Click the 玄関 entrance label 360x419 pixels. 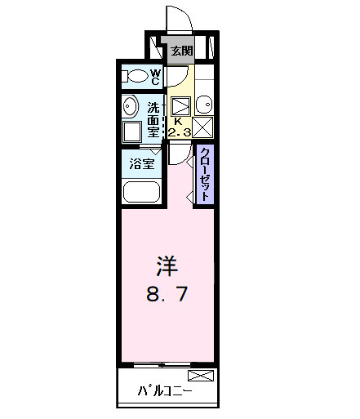click(181, 51)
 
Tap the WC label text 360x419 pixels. click(155, 78)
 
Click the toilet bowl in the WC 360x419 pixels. click(139, 78)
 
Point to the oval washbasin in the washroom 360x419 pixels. click(129, 107)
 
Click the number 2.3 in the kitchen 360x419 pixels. click(180, 132)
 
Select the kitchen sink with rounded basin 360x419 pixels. click(204, 105)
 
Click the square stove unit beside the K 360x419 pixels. click(181, 105)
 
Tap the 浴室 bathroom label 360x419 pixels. click(142, 163)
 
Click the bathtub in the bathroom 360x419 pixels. click(143, 193)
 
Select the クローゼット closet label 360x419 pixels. click(206, 174)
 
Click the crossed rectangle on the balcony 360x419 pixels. click(201, 376)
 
